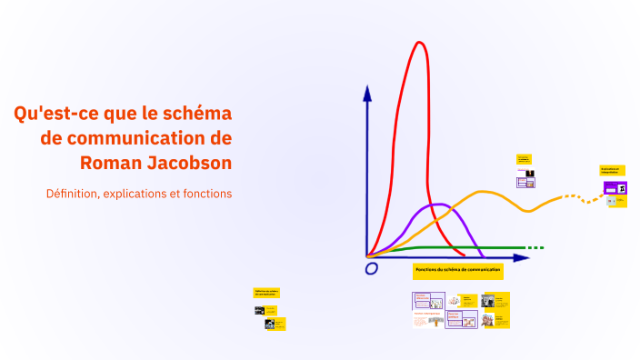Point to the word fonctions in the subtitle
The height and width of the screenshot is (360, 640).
point(205,194)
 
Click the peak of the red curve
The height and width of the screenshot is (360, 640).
point(419,43)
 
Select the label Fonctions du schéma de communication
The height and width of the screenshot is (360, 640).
point(457,270)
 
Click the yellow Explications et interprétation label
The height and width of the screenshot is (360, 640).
point(610,169)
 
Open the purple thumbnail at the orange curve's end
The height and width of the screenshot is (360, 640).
point(614,188)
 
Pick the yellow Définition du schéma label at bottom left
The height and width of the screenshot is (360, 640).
point(266,293)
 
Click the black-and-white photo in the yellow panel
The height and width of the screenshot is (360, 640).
point(488,302)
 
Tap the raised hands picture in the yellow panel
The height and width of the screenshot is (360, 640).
point(487,319)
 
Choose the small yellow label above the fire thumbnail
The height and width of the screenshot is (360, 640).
point(524,159)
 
